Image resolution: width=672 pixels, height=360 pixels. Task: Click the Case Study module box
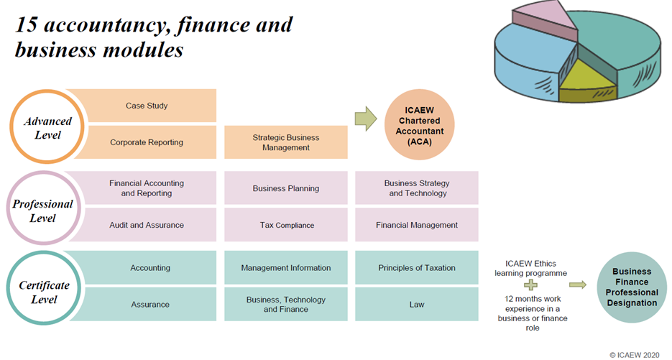tap(147, 106)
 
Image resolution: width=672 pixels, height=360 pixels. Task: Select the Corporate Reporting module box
tap(147, 142)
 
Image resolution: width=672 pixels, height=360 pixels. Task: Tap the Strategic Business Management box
tap(285, 142)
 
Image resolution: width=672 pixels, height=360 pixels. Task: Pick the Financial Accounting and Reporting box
tap(147, 188)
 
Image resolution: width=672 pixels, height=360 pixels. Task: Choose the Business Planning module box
tap(285, 188)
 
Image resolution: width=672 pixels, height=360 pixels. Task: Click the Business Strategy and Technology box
tap(417, 188)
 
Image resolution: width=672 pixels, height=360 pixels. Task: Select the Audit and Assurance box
tap(147, 225)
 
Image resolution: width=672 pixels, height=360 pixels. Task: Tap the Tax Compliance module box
tap(285, 225)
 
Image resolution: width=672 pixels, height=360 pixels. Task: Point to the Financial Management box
tap(417, 225)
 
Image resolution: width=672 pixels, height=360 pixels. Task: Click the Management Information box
tap(285, 268)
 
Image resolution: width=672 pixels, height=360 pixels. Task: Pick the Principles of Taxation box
tap(417, 268)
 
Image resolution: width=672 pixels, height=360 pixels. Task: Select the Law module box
tap(417, 304)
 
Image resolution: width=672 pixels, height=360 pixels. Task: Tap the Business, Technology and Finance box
tap(285, 304)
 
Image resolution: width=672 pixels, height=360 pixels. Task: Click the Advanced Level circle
tap(43, 128)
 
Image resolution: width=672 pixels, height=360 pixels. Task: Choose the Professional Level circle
tap(43, 210)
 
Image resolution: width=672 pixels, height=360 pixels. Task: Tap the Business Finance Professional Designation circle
tap(630, 287)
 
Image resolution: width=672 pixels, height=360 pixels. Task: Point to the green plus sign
tap(530, 285)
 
